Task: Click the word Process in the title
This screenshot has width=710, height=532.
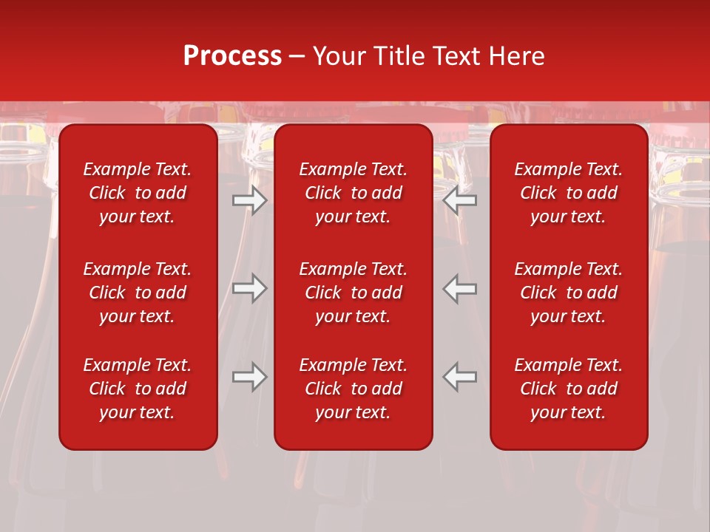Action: (232, 56)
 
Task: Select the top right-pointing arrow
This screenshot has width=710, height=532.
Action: (249, 200)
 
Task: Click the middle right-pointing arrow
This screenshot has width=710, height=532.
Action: (249, 288)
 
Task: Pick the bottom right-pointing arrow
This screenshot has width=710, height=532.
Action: (249, 377)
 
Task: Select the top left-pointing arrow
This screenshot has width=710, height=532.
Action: (460, 200)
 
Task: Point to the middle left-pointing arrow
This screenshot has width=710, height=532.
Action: (460, 288)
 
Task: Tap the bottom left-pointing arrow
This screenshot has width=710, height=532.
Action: (460, 377)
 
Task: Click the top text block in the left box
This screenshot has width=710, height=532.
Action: (138, 193)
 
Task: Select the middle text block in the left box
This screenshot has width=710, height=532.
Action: (138, 293)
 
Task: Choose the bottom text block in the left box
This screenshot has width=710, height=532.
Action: (138, 389)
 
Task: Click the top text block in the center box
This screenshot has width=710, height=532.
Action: (354, 193)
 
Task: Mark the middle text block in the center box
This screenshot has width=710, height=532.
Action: (354, 293)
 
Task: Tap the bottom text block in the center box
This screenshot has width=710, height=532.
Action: (354, 389)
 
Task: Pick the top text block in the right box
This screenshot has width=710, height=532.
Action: (569, 193)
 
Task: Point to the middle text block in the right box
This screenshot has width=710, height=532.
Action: (569, 293)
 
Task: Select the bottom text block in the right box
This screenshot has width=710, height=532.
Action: (569, 389)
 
